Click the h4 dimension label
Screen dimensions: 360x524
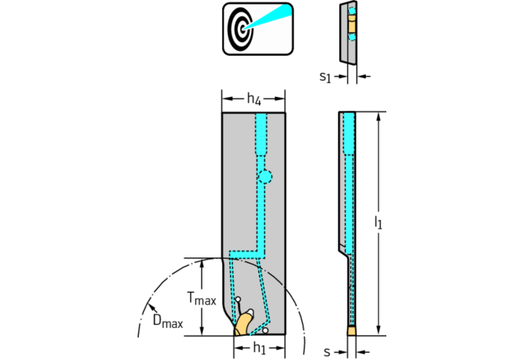(253, 99)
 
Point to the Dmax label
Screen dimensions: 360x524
(167, 321)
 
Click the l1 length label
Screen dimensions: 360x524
(379, 224)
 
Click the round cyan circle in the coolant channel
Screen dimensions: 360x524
(266, 177)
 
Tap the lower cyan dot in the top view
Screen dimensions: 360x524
(351, 37)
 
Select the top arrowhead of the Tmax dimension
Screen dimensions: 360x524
(203, 263)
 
